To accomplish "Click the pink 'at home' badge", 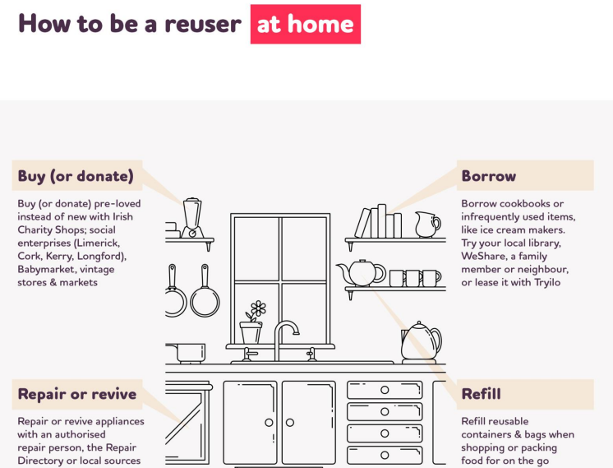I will coord(305,24).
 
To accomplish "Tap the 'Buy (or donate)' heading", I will coord(76,176).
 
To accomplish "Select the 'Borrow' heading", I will coord(489,176).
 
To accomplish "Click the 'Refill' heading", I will coord(482,394).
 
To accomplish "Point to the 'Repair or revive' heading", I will coord(77,394).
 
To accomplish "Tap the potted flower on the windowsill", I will coord(251,323).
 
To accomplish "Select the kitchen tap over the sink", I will coord(284,338).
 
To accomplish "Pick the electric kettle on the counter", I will coord(420,341).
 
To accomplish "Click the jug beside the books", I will coord(426,225).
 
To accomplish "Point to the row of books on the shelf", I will coord(379,222).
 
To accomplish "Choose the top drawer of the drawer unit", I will coord(384,390).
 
